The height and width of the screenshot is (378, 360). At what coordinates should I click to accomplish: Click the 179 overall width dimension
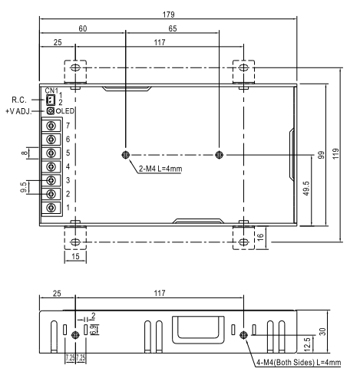tap(168, 15)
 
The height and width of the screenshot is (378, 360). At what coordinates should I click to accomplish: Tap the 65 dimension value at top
tap(173, 28)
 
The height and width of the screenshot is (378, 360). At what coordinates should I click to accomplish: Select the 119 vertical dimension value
tap(336, 153)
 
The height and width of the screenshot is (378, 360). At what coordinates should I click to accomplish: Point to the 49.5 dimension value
tap(306, 189)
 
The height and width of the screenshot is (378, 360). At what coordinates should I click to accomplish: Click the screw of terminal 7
tap(51, 126)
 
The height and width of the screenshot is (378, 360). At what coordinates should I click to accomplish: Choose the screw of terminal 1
tap(51, 208)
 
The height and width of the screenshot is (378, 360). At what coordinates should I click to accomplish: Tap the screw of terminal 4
tap(51, 166)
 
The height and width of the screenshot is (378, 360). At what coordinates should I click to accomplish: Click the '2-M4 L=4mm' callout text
tap(160, 169)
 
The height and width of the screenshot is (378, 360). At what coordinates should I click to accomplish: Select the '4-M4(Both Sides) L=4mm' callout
tap(299, 363)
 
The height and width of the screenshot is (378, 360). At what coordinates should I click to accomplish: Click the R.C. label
tap(19, 100)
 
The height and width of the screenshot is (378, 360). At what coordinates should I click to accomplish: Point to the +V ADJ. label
tap(18, 111)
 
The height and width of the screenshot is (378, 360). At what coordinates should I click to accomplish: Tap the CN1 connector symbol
tap(51, 100)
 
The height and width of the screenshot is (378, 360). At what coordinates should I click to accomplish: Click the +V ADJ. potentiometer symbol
tap(51, 111)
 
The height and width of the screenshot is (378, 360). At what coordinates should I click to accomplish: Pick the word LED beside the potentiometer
tap(68, 111)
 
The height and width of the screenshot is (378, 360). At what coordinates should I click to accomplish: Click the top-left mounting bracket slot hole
tap(75, 67)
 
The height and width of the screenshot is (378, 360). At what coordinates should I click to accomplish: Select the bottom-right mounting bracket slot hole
tap(243, 242)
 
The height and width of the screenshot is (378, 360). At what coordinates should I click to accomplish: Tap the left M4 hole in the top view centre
tap(126, 155)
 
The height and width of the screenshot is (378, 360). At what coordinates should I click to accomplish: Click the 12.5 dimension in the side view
tap(308, 344)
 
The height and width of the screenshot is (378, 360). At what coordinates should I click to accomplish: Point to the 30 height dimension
tap(323, 332)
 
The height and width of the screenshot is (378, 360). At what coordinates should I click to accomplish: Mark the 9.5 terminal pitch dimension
tap(24, 187)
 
